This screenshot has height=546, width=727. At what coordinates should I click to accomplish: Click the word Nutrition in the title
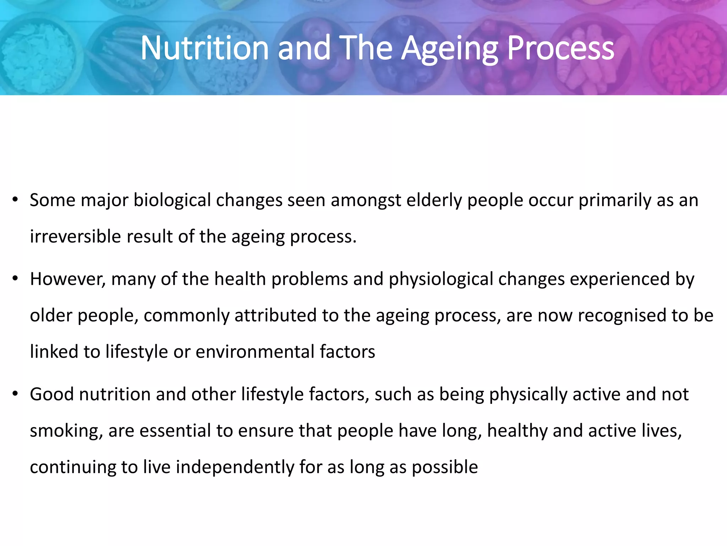pyautogui.click(x=204, y=48)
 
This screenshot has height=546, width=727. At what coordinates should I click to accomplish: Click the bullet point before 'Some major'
pyautogui.click(x=15, y=200)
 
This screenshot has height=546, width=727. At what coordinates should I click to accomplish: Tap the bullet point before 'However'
pyautogui.click(x=15, y=279)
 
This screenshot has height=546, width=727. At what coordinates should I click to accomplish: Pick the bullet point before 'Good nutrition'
pyautogui.click(x=15, y=394)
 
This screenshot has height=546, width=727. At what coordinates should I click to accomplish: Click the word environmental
pyautogui.click(x=255, y=352)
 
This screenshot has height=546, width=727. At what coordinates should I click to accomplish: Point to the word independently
pyautogui.click(x=235, y=467)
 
